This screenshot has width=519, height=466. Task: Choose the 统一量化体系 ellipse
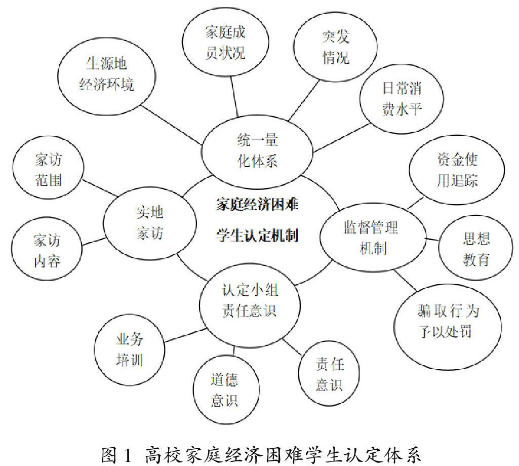(258, 150)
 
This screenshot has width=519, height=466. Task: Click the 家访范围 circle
(49, 170)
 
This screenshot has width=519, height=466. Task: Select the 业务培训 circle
(130, 351)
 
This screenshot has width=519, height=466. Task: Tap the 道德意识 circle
(224, 390)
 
